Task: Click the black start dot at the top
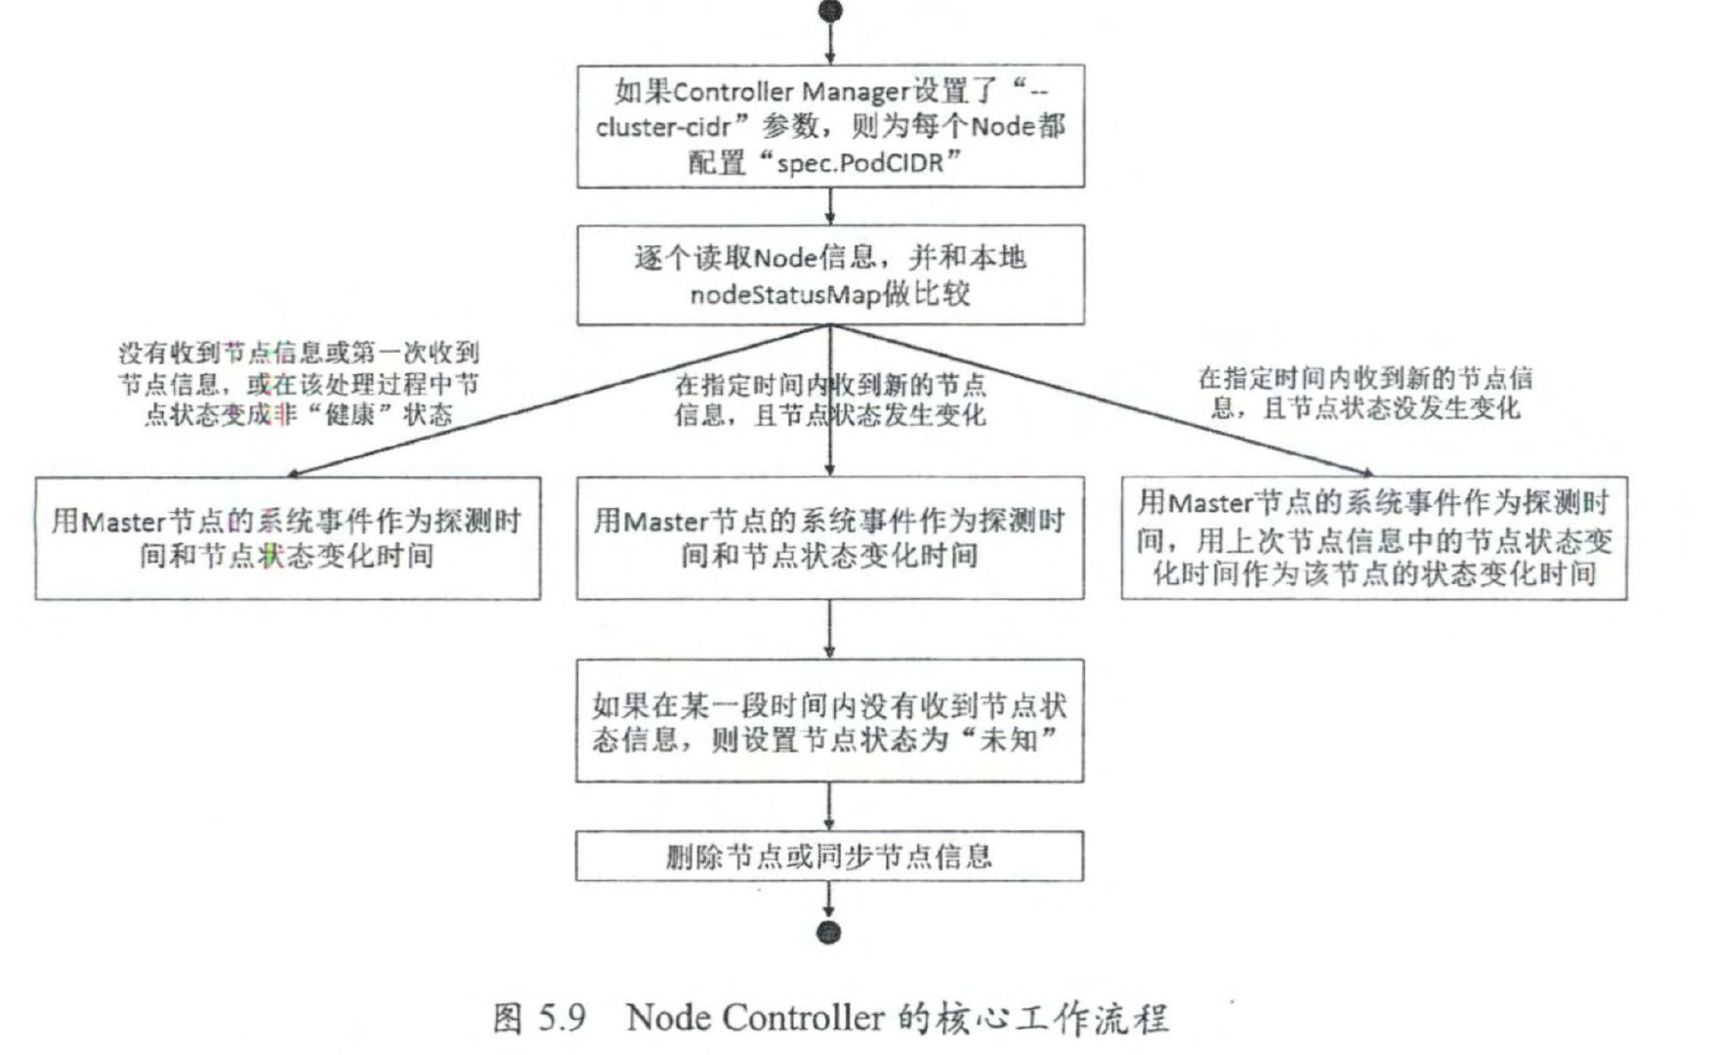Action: pyautogui.click(x=829, y=11)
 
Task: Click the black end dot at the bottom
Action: pyautogui.click(x=828, y=932)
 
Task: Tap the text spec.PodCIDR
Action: pyautogui.click(x=860, y=162)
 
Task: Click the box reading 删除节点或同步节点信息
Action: pyautogui.click(x=829, y=857)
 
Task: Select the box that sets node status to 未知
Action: pyautogui.click(x=829, y=721)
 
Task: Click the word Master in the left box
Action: pyautogui.click(x=123, y=522)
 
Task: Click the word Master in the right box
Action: pyautogui.click(x=1209, y=503)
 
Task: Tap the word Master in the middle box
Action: pyautogui.click(x=664, y=522)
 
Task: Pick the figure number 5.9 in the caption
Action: pyautogui.click(x=561, y=1018)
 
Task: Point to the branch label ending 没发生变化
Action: pyautogui.click(x=1365, y=393)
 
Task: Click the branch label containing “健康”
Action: pyautogui.click(x=298, y=384)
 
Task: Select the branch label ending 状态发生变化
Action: pyautogui.click(x=829, y=401)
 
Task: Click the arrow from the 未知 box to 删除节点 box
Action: pyautogui.click(x=829, y=806)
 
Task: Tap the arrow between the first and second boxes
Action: pyautogui.click(x=829, y=206)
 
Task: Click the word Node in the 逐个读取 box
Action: pyautogui.click(x=777, y=259)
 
